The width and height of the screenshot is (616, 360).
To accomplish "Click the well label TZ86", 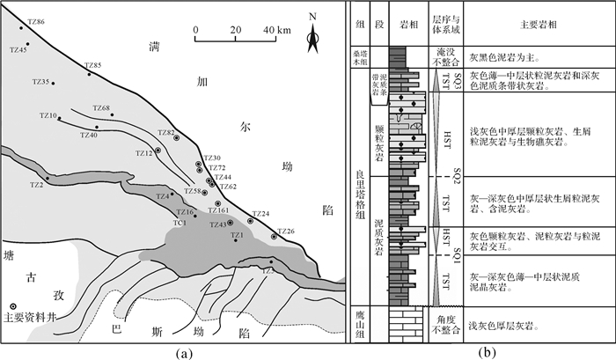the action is (37, 20).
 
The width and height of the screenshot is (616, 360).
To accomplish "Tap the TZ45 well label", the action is (18, 50).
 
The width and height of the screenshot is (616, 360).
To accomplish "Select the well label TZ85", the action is (92, 66).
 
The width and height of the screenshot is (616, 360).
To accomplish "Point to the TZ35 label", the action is (40, 82).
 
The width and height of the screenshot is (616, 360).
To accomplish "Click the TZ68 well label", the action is (100, 108).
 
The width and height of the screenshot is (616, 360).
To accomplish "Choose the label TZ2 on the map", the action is (36, 185).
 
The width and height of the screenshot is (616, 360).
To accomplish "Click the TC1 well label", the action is (180, 222).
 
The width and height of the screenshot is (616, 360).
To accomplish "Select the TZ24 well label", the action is (260, 215).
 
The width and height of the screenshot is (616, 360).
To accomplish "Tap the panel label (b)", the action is (487, 352).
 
